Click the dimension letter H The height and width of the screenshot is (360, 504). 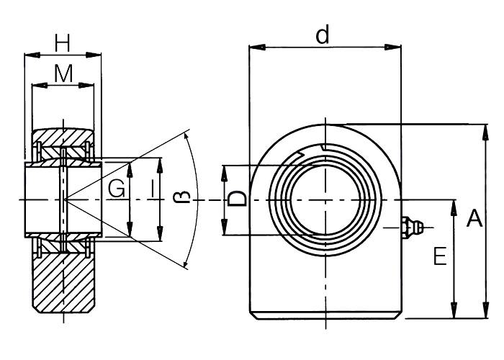pos(63,43)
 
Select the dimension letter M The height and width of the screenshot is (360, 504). pos(63,73)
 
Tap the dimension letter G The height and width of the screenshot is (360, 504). pos(116,189)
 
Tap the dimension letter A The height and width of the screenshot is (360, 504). pos(474,218)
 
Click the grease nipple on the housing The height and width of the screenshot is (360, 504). pos(411,227)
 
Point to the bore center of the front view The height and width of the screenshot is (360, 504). pos(325,199)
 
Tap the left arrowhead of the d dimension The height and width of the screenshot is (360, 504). pos(253,48)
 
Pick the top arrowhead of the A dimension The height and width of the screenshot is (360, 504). pos(480,128)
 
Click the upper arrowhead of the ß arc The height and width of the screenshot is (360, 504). pos(189,136)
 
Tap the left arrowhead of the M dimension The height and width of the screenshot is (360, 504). pos(36,86)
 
